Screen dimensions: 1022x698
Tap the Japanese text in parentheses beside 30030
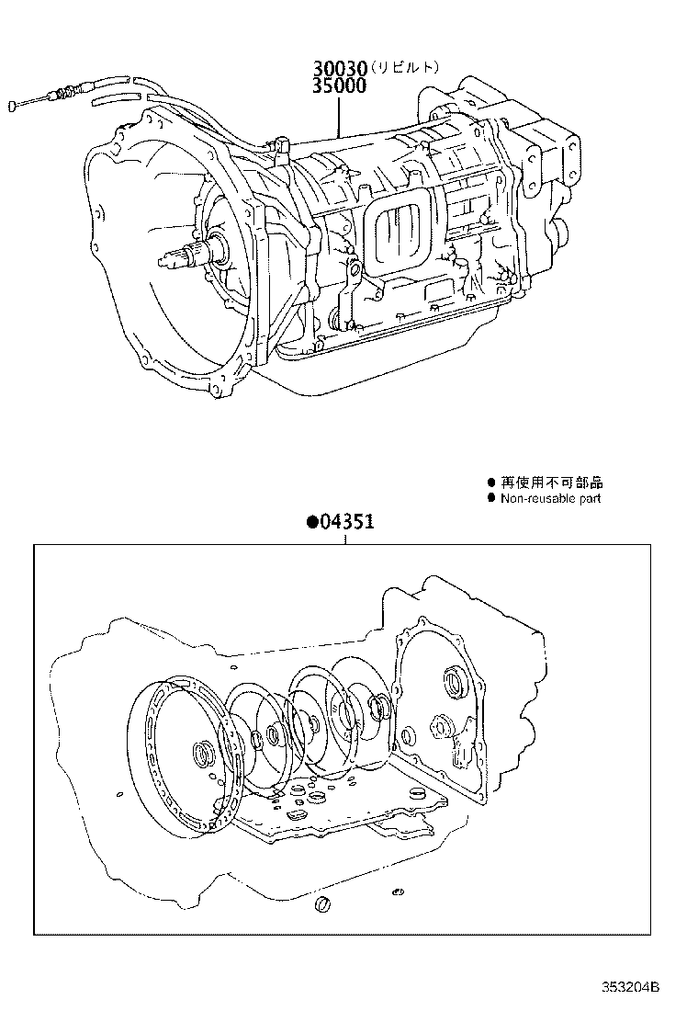[409, 67]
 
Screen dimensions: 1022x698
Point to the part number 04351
[347, 523]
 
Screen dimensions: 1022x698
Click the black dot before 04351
[312, 523]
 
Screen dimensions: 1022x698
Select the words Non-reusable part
[550, 498]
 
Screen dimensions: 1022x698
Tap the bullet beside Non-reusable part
[491, 498]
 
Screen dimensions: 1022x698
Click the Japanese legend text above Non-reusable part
[545, 483]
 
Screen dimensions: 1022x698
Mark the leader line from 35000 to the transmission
[340, 115]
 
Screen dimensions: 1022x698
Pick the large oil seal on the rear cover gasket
[454, 684]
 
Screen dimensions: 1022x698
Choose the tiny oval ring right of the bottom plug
[397, 891]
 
